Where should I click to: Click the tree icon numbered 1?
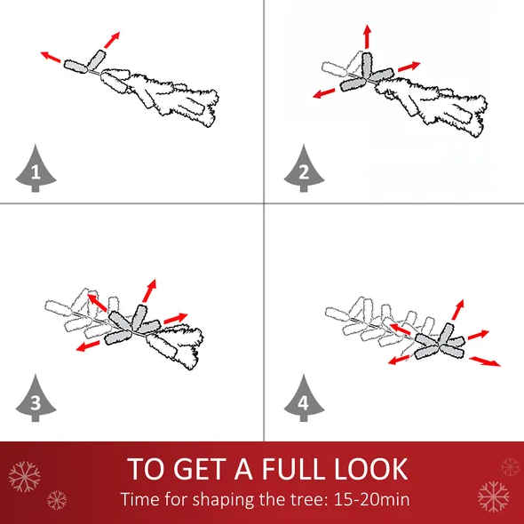(x=36, y=170)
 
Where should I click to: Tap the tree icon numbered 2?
(x=304, y=170)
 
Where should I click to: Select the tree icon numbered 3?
(x=36, y=400)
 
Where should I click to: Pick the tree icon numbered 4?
(x=304, y=400)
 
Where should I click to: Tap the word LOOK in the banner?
(x=371, y=469)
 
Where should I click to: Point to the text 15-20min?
(x=371, y=499)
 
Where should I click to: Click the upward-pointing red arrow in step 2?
(x=368, y=36)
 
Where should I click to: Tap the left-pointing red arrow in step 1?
(x=51, y=57)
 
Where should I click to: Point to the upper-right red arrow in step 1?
(x=112, y=40)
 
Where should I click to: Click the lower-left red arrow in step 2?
(x=324, y=93)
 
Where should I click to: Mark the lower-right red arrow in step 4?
(x=485, y=361)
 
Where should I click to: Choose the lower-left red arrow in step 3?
(x=88, y=345)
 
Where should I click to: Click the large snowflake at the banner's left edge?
(x=24, y=477)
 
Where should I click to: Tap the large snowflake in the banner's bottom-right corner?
(x=493, y=496)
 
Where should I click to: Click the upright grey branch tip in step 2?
(x=367, y=65)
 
